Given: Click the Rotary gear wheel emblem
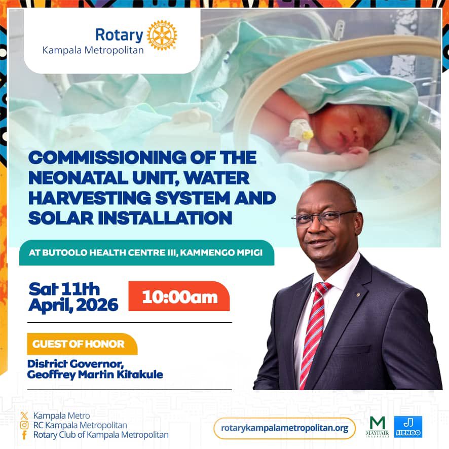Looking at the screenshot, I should [x=162, y=35].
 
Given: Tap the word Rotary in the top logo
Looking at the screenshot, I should [x=119, y=35].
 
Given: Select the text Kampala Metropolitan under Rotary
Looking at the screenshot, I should [x=93, y=50].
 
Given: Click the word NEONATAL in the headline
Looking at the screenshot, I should [x=77, y=179].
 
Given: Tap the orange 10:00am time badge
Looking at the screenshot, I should [x=179, y=296].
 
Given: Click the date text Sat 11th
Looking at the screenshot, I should [x=64, y=289].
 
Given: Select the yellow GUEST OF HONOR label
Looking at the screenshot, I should [x=79, y=344].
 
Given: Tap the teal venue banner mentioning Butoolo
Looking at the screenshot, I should [x=146, y=253].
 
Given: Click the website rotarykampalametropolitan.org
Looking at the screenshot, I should [x=284, y=428].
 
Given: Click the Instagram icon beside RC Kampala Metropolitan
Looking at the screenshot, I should [x=24, y=425].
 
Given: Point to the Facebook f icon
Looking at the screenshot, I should [x=24, y=435].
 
